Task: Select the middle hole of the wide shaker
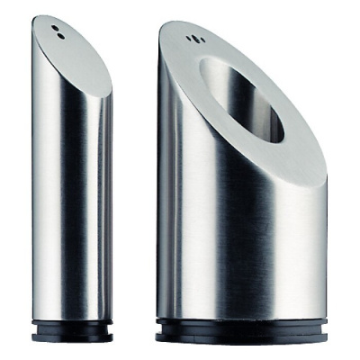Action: (192, 38)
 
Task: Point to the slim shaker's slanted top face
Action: (76, 58)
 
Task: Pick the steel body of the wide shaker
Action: (234, 234)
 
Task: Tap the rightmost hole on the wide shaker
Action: (197, 40)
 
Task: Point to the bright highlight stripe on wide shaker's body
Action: (184, 225)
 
